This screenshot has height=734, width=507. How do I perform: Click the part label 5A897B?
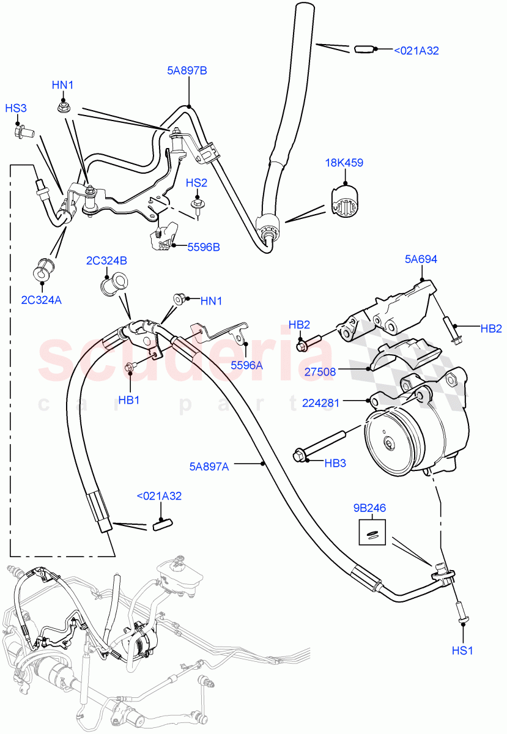[187, 71]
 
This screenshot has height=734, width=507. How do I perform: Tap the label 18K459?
[345, 163]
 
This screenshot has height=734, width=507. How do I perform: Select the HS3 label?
[16, 108]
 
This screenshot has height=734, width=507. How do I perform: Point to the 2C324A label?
[41, 300]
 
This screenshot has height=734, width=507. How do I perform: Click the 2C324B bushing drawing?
[111, 285]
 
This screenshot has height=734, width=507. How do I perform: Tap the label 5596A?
[246, 365]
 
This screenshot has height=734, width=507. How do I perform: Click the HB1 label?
[129, 400]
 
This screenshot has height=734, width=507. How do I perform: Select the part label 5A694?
[421, 259]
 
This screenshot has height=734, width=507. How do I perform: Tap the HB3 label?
[335, 463]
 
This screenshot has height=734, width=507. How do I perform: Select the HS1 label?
[462, 651]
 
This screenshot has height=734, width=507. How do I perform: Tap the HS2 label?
[197, 182]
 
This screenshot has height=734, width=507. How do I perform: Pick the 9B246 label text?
[370, 508]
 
